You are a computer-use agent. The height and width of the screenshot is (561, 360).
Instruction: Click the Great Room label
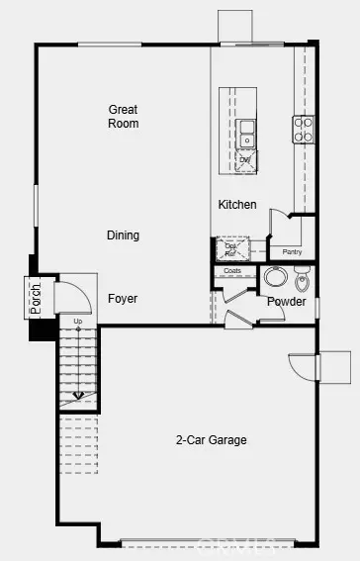coord(124,117)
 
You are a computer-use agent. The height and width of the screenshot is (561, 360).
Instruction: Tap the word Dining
coord(124,235)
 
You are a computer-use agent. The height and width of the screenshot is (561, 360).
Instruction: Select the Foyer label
coord(123,299)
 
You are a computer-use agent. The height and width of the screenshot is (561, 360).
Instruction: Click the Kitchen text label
coord(237,205)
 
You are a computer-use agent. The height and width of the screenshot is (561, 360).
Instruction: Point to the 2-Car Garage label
coord(212,440)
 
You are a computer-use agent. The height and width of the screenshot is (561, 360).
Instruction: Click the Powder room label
coord(286,302)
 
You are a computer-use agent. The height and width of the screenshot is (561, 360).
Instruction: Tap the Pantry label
coord(292,252)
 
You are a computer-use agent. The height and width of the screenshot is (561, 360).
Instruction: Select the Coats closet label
coord(232,270)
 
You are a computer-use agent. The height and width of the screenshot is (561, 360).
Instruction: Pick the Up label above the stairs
coord(77,322)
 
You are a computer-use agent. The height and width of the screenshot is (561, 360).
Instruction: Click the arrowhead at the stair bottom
coord(78,396)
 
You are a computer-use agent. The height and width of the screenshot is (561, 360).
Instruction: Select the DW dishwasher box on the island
coord(244,159)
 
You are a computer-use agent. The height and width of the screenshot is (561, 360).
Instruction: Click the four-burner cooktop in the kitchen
coord(304,128)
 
